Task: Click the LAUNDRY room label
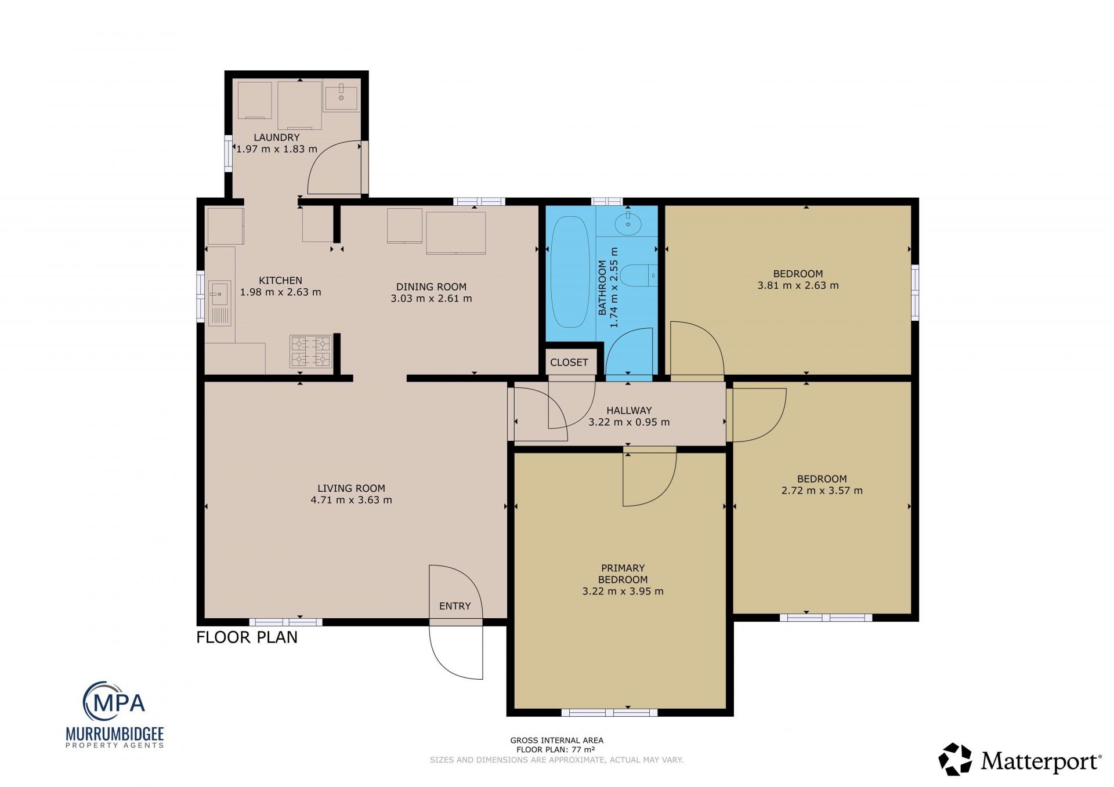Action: pyautogui.click(x=277, y=137)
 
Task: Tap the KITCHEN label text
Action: pyautogui.click(x=280, y=281)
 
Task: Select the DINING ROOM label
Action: pyautogui.click(x=431, y=286)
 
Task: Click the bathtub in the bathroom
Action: pyautogui.click(x=570, y=273)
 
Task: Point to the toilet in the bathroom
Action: pyautogui.click(x=638, y=275)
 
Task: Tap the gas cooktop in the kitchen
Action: pyautogui.click(x=311, y=351)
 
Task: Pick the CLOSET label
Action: pyautogui.click(x=569, y=362)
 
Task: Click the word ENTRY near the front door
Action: pyautogui.click(x=455, y=606)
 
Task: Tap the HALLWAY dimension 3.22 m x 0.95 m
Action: pyautogui.click(x=629, y=422)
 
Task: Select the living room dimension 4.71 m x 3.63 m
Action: pyautogui.click(x=351, y=500)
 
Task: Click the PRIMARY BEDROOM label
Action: pyautogui.click(x=623, y=574)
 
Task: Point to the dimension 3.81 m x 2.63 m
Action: pyautogui.click(x=798, y=285)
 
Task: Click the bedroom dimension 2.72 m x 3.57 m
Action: pyautogui.click(x=822, y=491)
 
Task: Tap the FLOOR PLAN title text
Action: pyautogui.click(x=247, y=637)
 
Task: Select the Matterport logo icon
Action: pyautogui.click(x=955, y=759)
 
